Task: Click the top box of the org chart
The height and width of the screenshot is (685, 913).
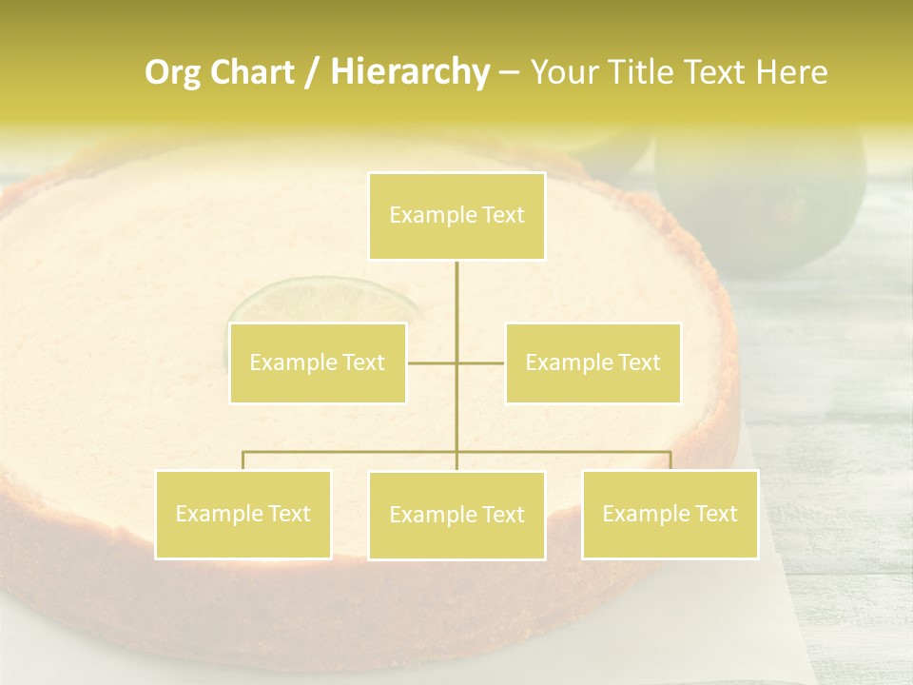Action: coord(456,216)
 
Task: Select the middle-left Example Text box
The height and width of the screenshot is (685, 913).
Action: coord(318,362)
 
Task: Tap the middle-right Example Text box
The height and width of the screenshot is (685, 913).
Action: coord(592,362)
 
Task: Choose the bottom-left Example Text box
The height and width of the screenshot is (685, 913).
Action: coord(243,514)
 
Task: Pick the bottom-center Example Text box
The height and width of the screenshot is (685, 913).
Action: coord(456,515)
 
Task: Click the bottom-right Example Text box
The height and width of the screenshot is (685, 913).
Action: coord(670,514)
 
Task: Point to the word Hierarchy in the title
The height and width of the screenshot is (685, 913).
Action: coord(409,72)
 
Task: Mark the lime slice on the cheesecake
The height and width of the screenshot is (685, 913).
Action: coord(323,300)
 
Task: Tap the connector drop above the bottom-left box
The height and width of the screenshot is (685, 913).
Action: coord(243,460)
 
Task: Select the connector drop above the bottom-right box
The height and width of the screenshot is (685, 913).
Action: coord(670,460)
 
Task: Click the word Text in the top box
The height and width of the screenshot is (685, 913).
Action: coord(503,216)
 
